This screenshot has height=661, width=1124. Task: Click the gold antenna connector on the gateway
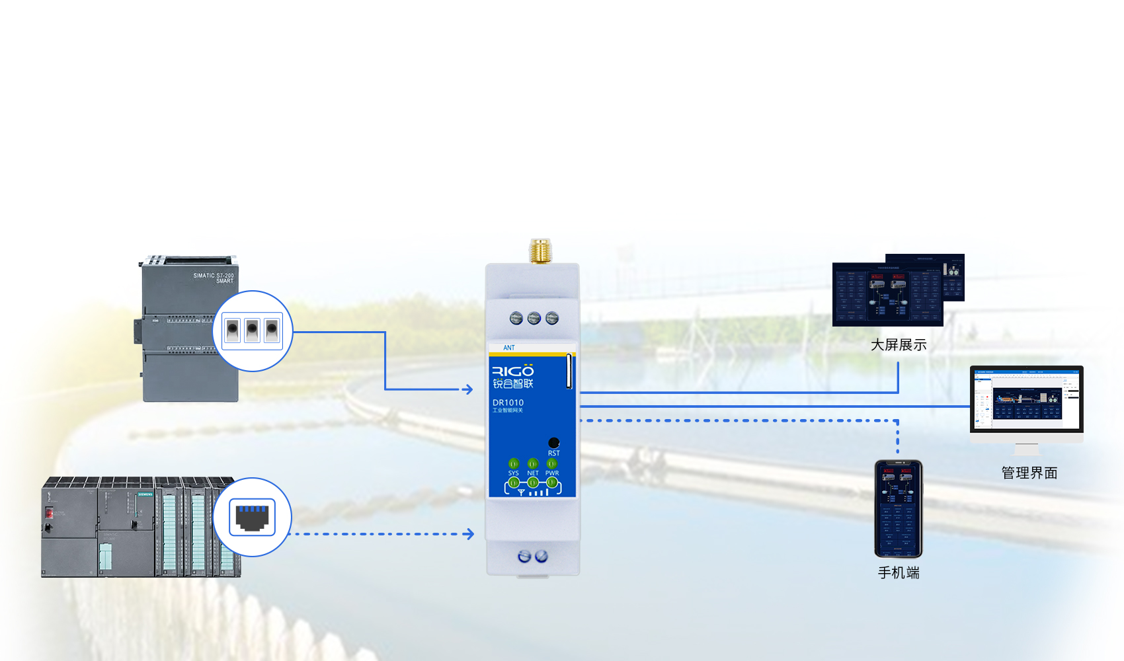click(540, 251)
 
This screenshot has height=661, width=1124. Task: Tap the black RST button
click(554, 442)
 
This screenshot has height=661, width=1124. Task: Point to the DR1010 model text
click(508, 403)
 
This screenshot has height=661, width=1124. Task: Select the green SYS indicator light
click(514, 463)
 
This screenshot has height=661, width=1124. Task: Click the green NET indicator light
click(533, 463)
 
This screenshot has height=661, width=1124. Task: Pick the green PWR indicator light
click(552, 463)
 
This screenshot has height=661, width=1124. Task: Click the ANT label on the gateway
click(508, 348)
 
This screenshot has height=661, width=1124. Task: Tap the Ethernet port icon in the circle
click(252, 517)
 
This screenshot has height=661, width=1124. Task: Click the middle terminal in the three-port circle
click(252, 330)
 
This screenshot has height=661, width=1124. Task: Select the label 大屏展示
click(899, 345)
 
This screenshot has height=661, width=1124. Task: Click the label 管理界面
click(1029, 473)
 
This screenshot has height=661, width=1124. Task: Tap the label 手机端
click(899, 573)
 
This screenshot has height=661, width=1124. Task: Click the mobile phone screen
click(898, 509)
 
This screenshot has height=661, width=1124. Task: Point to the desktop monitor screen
click(1026, 399)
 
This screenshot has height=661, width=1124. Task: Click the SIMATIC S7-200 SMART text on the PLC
click(214, 278)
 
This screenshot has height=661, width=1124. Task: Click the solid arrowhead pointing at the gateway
click(468, 389)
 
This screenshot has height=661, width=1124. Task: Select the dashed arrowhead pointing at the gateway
click(469, 533)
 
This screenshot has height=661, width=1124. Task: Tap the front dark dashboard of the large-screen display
click(887, 294)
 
